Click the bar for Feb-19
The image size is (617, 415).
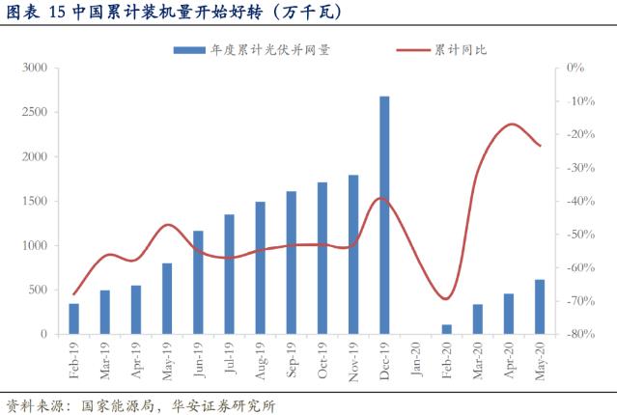(x=74, y=318)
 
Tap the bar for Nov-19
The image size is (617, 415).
(x=353, y=254)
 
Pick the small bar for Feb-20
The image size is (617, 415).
(x=446, y=329)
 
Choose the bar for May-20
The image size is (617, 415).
(x=540, y=306)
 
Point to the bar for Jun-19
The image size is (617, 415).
(x=198, y=282)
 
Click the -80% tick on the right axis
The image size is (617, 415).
(x=576, y=334)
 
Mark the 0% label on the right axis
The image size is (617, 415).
(x=576, y=68)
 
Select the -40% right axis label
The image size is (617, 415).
(x=576, y=201)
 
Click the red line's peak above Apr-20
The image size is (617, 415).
(x=510, y=124)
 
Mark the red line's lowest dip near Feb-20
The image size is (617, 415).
(x=445, y=299)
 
